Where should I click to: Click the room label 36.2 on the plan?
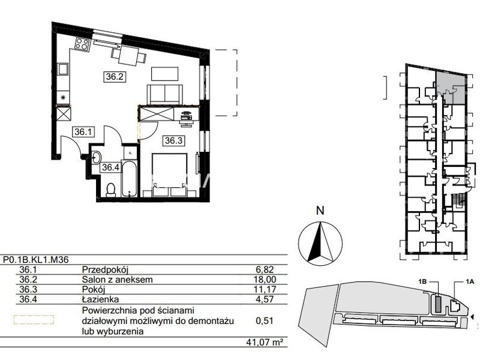(115, 76)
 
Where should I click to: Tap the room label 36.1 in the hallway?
(83, 132)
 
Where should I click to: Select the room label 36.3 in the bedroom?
(173, 140)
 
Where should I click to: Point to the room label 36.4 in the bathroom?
(110, 167)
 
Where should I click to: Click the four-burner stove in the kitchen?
(82, 43)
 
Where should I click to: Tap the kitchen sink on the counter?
(64, 70)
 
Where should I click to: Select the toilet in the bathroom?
(110, 190)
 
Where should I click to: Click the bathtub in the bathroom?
(130, 178)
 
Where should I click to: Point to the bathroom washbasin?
(97, 158)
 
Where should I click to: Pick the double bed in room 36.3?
(170, 175)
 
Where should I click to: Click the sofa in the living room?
(164, 95)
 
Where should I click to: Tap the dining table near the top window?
(128, 56)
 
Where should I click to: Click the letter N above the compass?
(320, 211)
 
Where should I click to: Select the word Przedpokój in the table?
(105, 270)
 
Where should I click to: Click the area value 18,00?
(266, 280)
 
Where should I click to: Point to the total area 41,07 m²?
(264, 341)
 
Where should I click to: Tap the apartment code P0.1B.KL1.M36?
(36, 260)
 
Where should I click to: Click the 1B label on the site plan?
(422, 282)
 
